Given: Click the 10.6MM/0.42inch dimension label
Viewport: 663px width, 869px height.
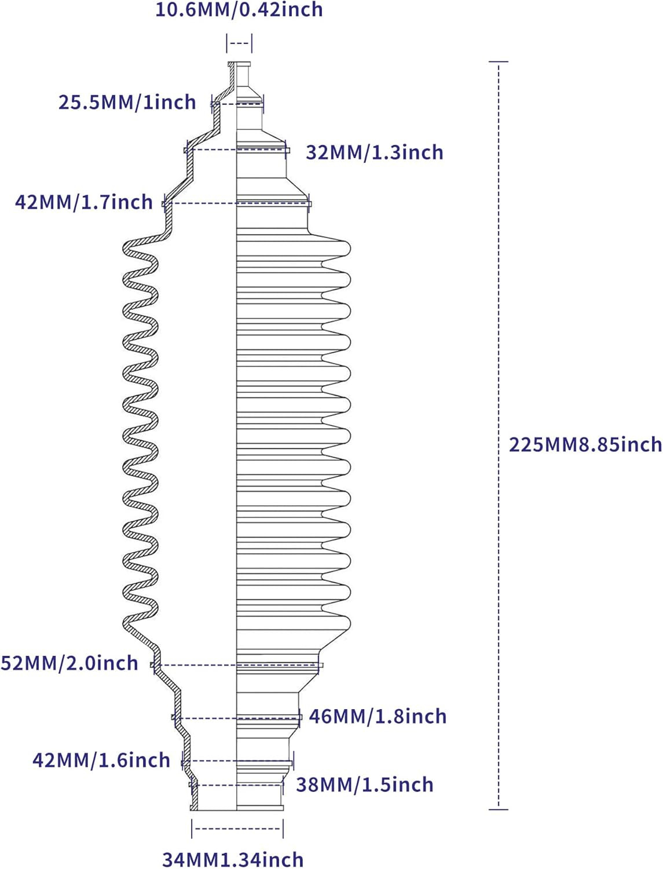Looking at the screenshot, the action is (x=239, y=9).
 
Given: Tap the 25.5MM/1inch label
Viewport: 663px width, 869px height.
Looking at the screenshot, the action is (x=127, y=102).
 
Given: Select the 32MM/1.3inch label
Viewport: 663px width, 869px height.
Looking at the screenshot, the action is (x=374, y=152).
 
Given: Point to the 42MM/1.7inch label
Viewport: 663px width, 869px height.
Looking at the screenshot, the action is (x=84, y=202).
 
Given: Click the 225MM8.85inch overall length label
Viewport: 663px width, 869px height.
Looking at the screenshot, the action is (x=585, y=444).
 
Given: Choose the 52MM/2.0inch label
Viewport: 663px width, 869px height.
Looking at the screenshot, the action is (x=69, y=663).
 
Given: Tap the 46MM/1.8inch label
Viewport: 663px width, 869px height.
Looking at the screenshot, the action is (x=378, y=716).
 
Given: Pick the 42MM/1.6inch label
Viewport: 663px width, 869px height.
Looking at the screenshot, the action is (x=101, y=760).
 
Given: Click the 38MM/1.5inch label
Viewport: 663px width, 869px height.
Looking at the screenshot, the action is (x=365, y=784).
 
